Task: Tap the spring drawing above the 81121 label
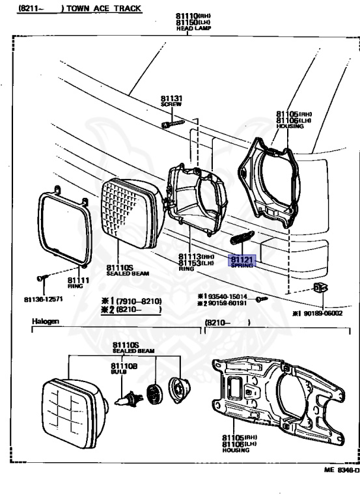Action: click(242, 239)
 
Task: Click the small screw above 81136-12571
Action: click(42, 278)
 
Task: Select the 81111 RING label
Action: click(79, 283)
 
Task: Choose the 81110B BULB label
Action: click(124, 369)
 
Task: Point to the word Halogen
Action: click(46, 322)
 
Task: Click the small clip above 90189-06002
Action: click(318, 288)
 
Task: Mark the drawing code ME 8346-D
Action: click(341, 469)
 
